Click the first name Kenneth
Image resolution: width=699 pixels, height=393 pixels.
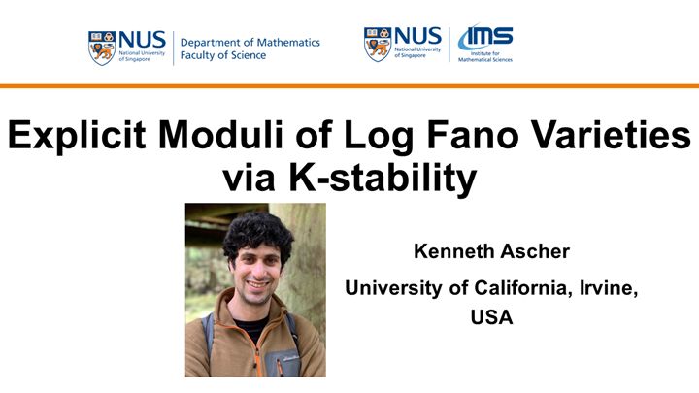coord(447,252)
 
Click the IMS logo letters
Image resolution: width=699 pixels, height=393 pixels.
coord(485,38)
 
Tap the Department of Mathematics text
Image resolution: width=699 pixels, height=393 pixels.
coord(250,42)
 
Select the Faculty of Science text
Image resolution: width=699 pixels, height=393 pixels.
coord(224,56)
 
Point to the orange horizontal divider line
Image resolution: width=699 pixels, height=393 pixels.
coord(349,86)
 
